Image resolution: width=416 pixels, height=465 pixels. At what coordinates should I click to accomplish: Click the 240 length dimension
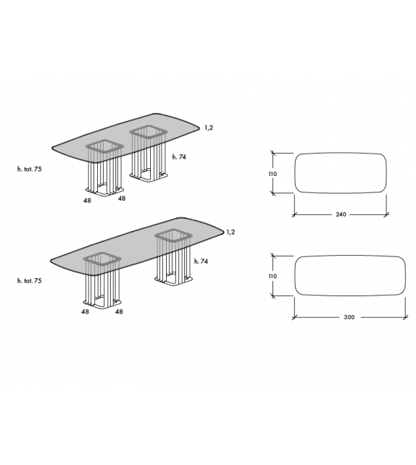point(340,214)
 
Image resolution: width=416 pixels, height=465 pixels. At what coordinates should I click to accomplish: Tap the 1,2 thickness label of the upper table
point(209,127)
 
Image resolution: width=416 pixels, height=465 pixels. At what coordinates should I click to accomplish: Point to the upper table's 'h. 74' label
point(180,156)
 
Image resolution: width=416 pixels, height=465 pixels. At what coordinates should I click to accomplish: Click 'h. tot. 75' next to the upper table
point(30,169)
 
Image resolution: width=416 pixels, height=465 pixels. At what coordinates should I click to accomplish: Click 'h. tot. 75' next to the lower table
point(30,280)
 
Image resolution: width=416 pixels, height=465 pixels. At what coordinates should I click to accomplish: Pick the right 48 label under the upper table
point(122,198)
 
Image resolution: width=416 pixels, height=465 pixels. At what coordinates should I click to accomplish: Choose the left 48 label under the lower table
point(86,312)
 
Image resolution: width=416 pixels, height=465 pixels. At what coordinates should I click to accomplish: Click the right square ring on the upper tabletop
point(150,131)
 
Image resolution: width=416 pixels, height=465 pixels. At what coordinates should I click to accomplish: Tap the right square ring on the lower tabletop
point(172,236)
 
